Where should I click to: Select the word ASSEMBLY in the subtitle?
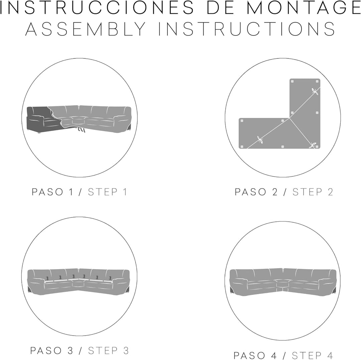click(86, 29)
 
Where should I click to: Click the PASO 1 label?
click(52, 192)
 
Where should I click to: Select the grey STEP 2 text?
click(313, 192)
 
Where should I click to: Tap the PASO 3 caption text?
click(52, 351)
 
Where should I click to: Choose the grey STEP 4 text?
click(312, 355)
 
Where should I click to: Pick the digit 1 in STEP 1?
click(125, 192)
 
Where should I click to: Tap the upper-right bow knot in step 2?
click(315, 92)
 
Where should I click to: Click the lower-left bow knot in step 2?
click(261, 140)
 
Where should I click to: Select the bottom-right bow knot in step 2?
click(313, 145)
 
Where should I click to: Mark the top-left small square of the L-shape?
click(292, 81)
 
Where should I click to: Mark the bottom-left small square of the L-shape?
click(242, 147)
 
